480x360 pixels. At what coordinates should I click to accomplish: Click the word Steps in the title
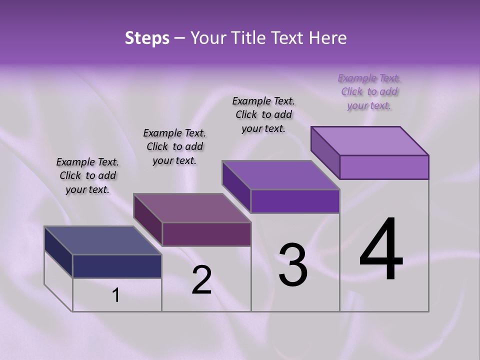(x=147, y=38)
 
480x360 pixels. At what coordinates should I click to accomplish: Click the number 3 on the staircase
(x=293, y=265)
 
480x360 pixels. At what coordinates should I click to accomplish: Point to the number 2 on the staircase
(x=201, y=280)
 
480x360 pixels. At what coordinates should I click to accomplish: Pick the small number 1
(x=116, y=295)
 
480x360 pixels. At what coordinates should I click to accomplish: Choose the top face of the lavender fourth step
(x=370, y=141)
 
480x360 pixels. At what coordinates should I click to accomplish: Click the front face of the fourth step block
(x=384, y=167)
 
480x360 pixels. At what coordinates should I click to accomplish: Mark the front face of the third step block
(x=295, y=201)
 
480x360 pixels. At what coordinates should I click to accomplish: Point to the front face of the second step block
(x=206, y=234)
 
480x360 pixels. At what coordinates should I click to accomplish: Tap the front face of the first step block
(x=117, y=266)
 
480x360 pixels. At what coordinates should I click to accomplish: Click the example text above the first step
(x=87, y=175)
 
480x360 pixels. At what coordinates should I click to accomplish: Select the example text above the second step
(x=174, y=146)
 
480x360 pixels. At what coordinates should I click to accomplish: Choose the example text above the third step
(x=263, y=114)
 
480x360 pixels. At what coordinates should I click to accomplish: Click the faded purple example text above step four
(x=369, y=91)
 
